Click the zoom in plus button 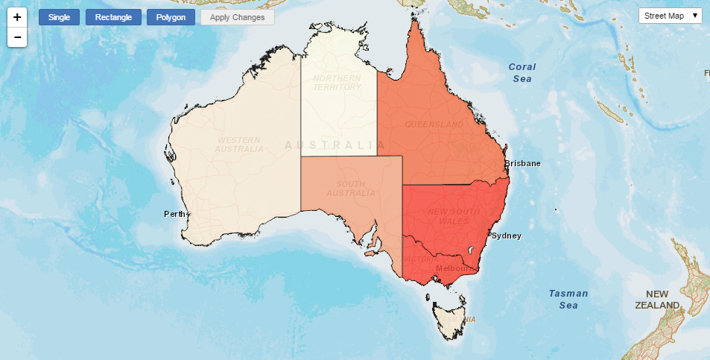point(17,16)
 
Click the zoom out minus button point(17,37)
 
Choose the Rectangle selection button point(113,17)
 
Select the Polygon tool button point(171,17)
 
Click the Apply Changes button point(238,17)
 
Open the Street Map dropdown point(670,16)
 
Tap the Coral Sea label point(522,72)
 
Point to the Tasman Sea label point(568,299)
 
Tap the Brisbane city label point(522,163)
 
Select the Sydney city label point(507,236)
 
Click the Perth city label point(174,215)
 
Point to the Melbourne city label point(455,268)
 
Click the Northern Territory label point(337,82)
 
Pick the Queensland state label point(434,124)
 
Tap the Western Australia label point(238,145)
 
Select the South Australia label point(350,189)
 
